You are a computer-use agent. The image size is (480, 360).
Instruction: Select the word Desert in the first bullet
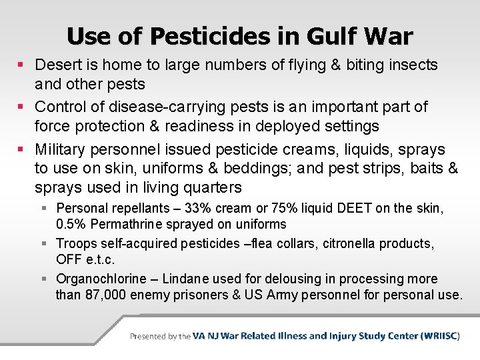point(56,65)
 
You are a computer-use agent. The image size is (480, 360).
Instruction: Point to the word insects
point(412,65)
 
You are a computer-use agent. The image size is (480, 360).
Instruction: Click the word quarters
point(210,187)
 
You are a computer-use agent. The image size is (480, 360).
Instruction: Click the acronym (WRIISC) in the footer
point(440,336)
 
